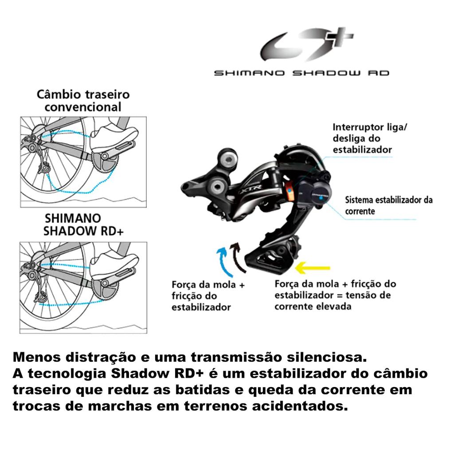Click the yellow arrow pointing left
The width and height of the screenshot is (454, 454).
point(314,267)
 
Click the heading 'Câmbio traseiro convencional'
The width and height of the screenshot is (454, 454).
point(83,101)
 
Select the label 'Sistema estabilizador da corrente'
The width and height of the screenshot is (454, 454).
point(388,205)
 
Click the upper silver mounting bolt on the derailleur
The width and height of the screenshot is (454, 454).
point(229,159)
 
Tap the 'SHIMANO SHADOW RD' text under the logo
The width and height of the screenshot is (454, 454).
point(301,73)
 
